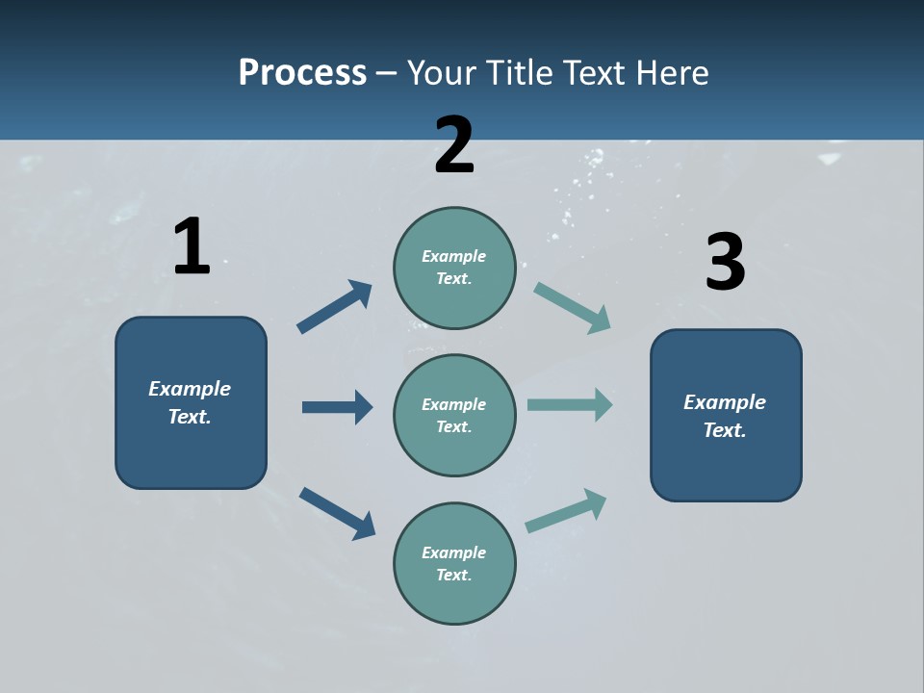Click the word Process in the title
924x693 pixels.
pos(302,72)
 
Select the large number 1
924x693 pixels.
pos(192,247)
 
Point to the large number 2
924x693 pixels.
pos(454,145)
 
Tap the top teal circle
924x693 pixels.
pos(454,268)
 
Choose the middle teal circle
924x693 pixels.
pos(454,416)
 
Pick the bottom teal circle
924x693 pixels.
pos(454,564)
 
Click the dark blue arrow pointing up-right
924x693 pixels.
pos(335,307)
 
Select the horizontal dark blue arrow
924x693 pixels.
pos(337,407)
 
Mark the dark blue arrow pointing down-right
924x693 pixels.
pos(338,513)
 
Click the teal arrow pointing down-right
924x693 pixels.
pos(573,308)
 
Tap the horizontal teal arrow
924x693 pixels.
pos(570,404)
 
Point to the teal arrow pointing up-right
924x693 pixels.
pos(567,510)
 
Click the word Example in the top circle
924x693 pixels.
pos(454,256)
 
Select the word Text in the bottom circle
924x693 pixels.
pos(452,575)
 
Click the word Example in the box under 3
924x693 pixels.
pos(725,402)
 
